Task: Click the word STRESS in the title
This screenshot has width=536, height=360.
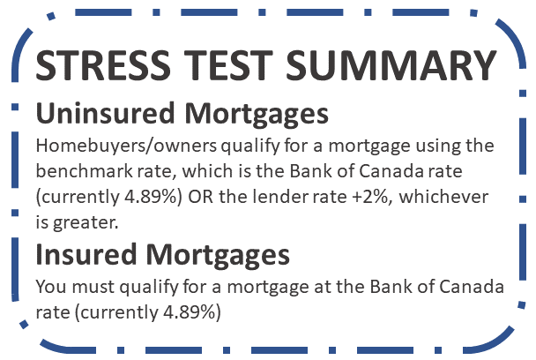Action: [x=103, y=65]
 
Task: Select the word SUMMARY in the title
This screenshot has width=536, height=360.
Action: [x=391, y=65]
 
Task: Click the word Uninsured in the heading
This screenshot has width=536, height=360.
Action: [x=105, y=113]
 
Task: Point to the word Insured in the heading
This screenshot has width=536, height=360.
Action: [x=86, y=254]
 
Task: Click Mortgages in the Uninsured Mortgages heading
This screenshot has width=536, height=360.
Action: [x=257, y=115]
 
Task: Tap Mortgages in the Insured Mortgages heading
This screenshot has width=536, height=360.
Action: [x=218, y=256]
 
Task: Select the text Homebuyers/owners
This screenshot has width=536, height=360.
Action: [x=126, y=146]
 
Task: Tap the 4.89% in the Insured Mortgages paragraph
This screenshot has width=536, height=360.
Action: [x=189, y=312]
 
